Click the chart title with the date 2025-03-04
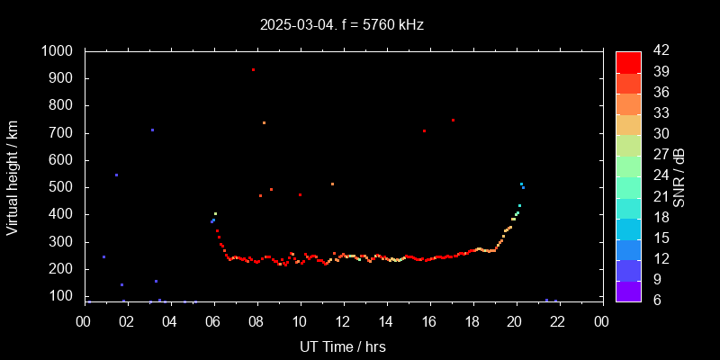click(x=341, y=25)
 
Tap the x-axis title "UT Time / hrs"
click(x=343, y=346)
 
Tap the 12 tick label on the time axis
click(x=343, y=321)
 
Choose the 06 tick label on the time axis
click(x=213, y=321)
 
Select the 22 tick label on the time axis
click(x=559, y=321)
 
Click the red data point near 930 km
click(x=253, y=69)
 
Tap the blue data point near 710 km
click(x=152, y=130)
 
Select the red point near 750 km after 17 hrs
click(x=453, y=120)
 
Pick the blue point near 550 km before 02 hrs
click(x=116, y=175)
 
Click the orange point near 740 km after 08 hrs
click(x=264, y=122)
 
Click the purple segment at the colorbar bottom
click(x=628, y=290)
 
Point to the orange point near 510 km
click(x=332, y=184)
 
